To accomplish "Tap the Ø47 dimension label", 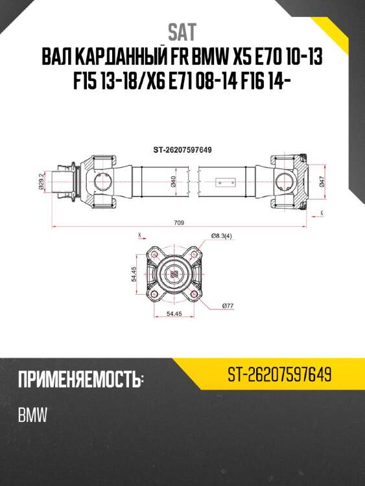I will (x=323, y=181).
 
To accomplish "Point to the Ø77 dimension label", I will (x=227, y=305).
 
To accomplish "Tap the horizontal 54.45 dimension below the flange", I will (x=173, y=314).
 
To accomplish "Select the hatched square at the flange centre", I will (x=174, y=275).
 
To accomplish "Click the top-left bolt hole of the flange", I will (x=155, y=257).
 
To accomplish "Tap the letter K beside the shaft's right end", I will (x=322, y=212).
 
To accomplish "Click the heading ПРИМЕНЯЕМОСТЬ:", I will (x=80, y=378).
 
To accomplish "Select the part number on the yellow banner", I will (x=280, y=374).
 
